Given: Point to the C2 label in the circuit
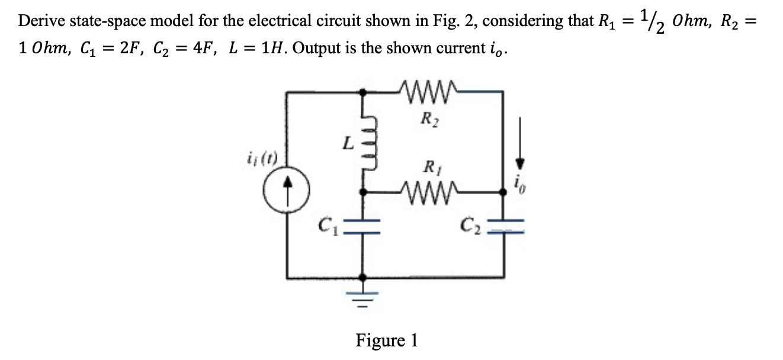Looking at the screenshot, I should click(x=470, y=225).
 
